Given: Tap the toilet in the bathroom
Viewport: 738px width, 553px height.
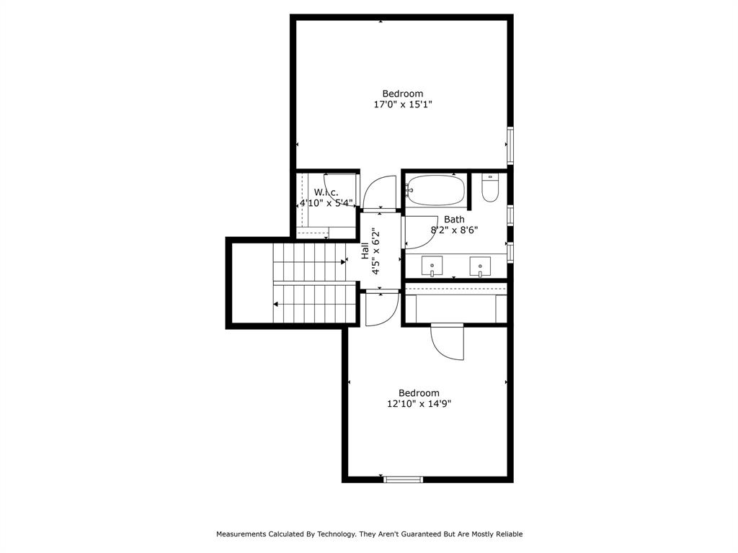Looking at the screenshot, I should (x=490, y=189).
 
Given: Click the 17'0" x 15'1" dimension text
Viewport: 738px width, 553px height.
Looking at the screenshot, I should (x=403, y=104).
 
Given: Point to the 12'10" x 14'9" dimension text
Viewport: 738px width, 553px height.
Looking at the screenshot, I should (x=419, y=404).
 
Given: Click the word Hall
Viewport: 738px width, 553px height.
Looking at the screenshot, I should (x=365, y=250).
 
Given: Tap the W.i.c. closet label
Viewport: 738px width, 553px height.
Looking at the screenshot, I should (x=326, y=192).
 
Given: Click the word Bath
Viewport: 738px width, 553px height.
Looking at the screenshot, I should (x=454, y=219).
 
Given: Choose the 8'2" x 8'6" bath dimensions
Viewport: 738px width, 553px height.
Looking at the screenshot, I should (x=454, y=230).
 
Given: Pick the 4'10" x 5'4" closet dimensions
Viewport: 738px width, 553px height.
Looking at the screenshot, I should (x=326, y=203).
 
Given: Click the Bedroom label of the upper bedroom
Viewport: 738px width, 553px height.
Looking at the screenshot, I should (x=403, y=94).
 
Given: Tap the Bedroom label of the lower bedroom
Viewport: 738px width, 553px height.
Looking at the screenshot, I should (x=419, y=393).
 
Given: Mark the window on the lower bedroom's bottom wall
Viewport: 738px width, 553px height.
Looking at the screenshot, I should (x=403, y=479).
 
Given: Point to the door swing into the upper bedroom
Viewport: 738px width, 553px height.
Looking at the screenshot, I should (x=379, y=193).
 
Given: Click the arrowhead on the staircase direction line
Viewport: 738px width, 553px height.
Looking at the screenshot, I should (x=276, y=304).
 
